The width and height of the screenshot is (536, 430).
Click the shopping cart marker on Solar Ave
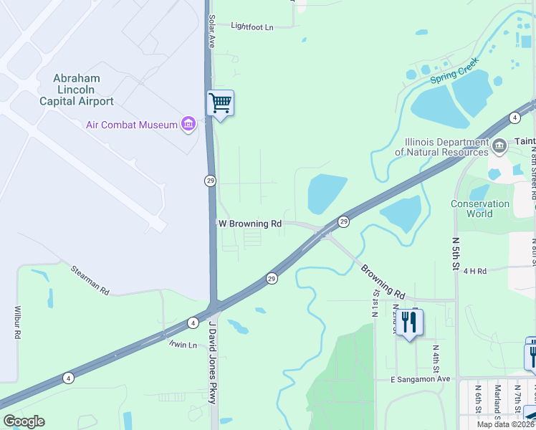(220, 104)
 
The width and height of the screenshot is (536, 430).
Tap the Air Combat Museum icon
(188, 125)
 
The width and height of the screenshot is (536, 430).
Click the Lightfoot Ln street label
(252, 27)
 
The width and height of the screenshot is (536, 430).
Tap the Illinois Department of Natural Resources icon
(499, 145)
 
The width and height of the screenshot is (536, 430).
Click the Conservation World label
(480, 209)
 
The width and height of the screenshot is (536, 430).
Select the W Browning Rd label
(249, 224)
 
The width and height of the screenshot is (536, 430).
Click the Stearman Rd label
(90, 282)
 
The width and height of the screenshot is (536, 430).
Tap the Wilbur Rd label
(17, 324)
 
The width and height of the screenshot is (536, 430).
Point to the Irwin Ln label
(182, 345)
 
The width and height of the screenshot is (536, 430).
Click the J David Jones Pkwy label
(211, 362)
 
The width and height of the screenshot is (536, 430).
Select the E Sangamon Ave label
(420, 378)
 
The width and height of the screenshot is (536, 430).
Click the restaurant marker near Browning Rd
(409, 322)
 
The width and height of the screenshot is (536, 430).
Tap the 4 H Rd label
(474, 271)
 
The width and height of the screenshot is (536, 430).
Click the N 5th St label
(455, 254)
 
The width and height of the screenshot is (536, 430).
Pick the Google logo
(24, 421)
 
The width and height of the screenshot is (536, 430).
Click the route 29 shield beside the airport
(210, 181)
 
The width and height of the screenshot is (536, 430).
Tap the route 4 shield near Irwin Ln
(193, 323)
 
